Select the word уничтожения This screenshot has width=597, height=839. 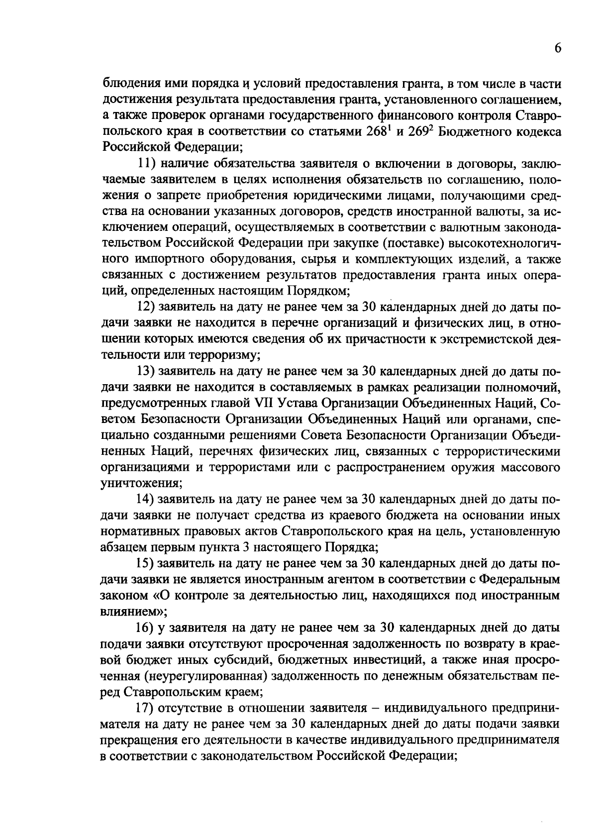pos(141,483)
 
